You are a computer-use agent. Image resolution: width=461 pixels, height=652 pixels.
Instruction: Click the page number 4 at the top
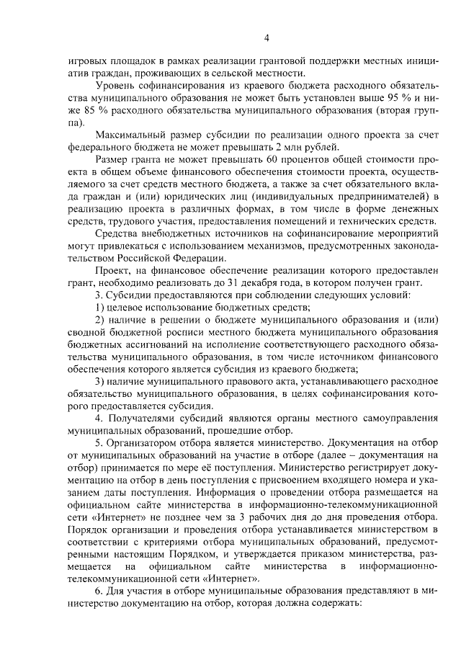(266, 38)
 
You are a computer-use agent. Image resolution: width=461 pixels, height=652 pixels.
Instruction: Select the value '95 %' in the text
(404, 98)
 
